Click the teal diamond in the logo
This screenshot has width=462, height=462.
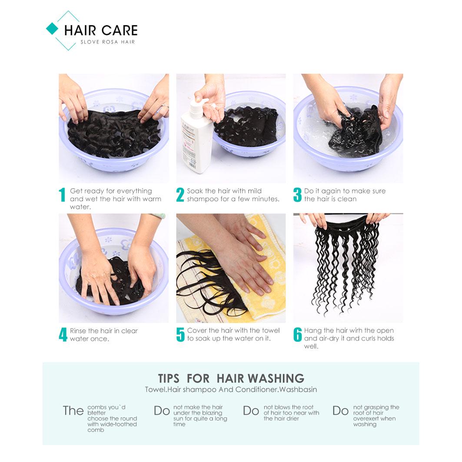click(x=52, y=29)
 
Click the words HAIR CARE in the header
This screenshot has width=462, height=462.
click(x=101, y=30)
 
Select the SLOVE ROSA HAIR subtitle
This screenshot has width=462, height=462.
click(x=108, y=42)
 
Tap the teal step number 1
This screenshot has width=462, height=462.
click(x=62, y=195)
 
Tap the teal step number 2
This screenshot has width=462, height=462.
click(x=180, y=195)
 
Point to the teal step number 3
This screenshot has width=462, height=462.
click(x=297, y=195)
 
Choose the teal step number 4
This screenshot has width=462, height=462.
click(x=63, y=335)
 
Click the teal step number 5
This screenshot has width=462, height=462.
click(x=180, y=335)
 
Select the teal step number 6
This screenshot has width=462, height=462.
click(x=298, y=335)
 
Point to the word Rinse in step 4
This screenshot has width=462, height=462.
click(x=79, y=331)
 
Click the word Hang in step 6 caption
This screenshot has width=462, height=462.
click(x=312, y=331)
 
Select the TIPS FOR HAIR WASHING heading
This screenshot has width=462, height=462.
click(x=231, y=378)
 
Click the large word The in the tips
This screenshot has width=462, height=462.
click(x=73, y=411)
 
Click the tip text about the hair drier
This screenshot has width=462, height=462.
click(x=291, y=413)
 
